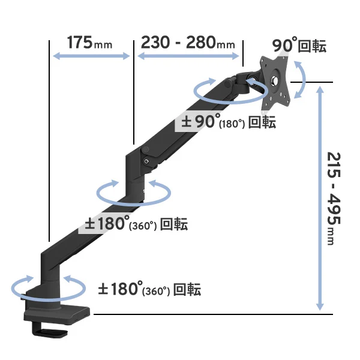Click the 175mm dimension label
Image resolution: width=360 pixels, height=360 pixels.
point(89,43)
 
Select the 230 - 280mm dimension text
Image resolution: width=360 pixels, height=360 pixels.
point(188,43)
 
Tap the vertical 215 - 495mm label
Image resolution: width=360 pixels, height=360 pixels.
point(334,199)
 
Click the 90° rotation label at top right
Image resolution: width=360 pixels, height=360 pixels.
point(299,46)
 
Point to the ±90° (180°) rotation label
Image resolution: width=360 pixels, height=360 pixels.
point(229,121)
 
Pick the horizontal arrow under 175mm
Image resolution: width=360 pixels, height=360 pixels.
point(91,56)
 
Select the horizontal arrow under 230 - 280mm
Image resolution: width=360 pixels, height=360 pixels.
point(188,56)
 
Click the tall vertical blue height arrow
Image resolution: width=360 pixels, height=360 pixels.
point(320,199)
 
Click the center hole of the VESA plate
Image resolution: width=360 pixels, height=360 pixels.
point(274,80)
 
